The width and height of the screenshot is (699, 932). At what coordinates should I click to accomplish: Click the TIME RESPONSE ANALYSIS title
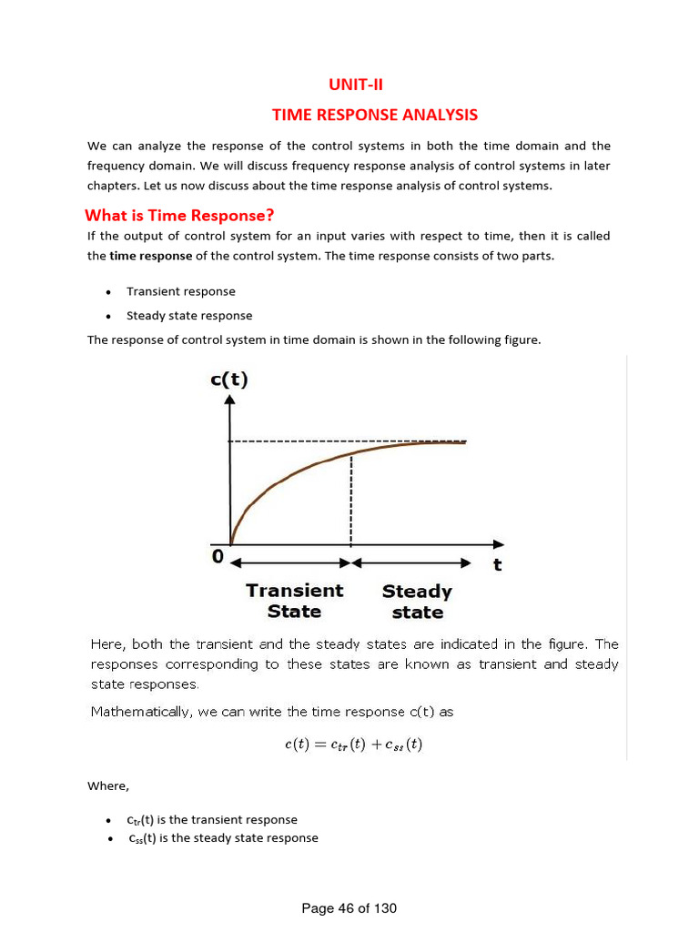[375, 115]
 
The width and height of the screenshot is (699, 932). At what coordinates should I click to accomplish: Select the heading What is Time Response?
[179, 216]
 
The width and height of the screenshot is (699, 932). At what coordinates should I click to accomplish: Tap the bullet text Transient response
[180, 291]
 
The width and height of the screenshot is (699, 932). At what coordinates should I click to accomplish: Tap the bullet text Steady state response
[189, 316]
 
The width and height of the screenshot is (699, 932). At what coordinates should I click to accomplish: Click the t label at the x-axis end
[497, 564]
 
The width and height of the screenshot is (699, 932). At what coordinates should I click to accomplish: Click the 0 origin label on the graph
[218, 557]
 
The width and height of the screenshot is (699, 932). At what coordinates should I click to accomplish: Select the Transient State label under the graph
[295, 601]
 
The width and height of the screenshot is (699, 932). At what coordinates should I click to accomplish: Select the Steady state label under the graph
[417, 602]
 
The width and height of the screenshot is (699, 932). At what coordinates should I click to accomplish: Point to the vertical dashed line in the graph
[351, 501]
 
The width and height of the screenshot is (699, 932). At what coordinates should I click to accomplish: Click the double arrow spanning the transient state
[290, 562]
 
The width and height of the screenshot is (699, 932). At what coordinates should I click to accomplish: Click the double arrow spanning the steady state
[411, 562]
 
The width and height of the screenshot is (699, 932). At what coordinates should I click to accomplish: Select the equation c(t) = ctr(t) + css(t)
[353, 745]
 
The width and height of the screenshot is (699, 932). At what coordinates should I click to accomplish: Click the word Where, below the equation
[108, 785]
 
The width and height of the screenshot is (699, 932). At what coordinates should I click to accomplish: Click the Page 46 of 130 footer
[349, 908]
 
